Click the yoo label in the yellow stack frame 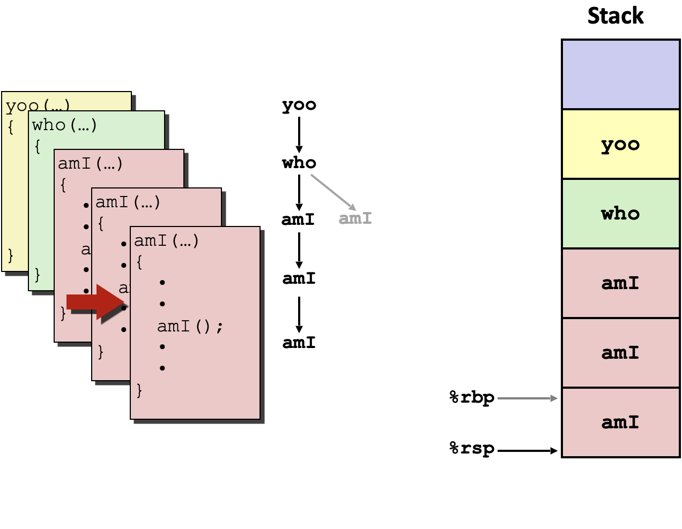[x=620, y=145]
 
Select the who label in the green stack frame [x=620, y=214]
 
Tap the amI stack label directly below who [x=620, y=283]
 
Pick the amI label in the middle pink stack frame [x=620, y=352]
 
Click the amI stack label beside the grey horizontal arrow [x=620, y=422]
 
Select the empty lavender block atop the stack [x=620, y=74]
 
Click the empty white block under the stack [x=620, y=492]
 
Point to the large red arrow [x=95, y=302]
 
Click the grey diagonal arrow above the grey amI [x=333, y=192]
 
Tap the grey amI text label [x=355, y=218]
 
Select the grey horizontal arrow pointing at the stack [x=528, y=398]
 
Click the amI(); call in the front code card [x=190, y=326]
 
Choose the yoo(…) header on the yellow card [x=38, y=105]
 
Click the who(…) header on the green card [x=64, y=125]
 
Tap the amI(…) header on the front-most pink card [x=166, y=241]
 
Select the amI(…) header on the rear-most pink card [x=90, y=164]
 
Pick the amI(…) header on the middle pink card [x=128, y=202]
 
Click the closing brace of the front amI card [x=139, y=390]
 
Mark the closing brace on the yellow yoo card [x=10, y=255]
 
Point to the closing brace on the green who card [x=37, y=275]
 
